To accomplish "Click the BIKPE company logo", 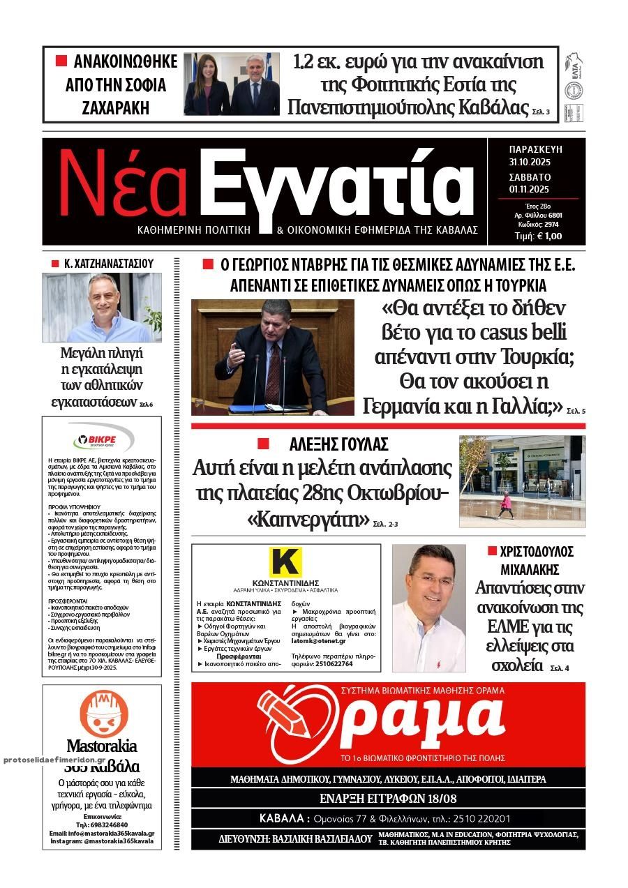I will pyautogui.click(x=102, y=439).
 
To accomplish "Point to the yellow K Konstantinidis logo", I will pyautogui.click(x=285, y=563).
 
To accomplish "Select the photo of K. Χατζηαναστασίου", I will pyautogui.click(x=102, y=307).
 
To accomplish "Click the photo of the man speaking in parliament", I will pyautogui.click(x=273, y=357).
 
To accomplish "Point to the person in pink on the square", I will pyautogui.click(x=505, y=504).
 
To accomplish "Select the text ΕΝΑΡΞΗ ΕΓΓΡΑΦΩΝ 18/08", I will pyautogui.click(x=388, y=798).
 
